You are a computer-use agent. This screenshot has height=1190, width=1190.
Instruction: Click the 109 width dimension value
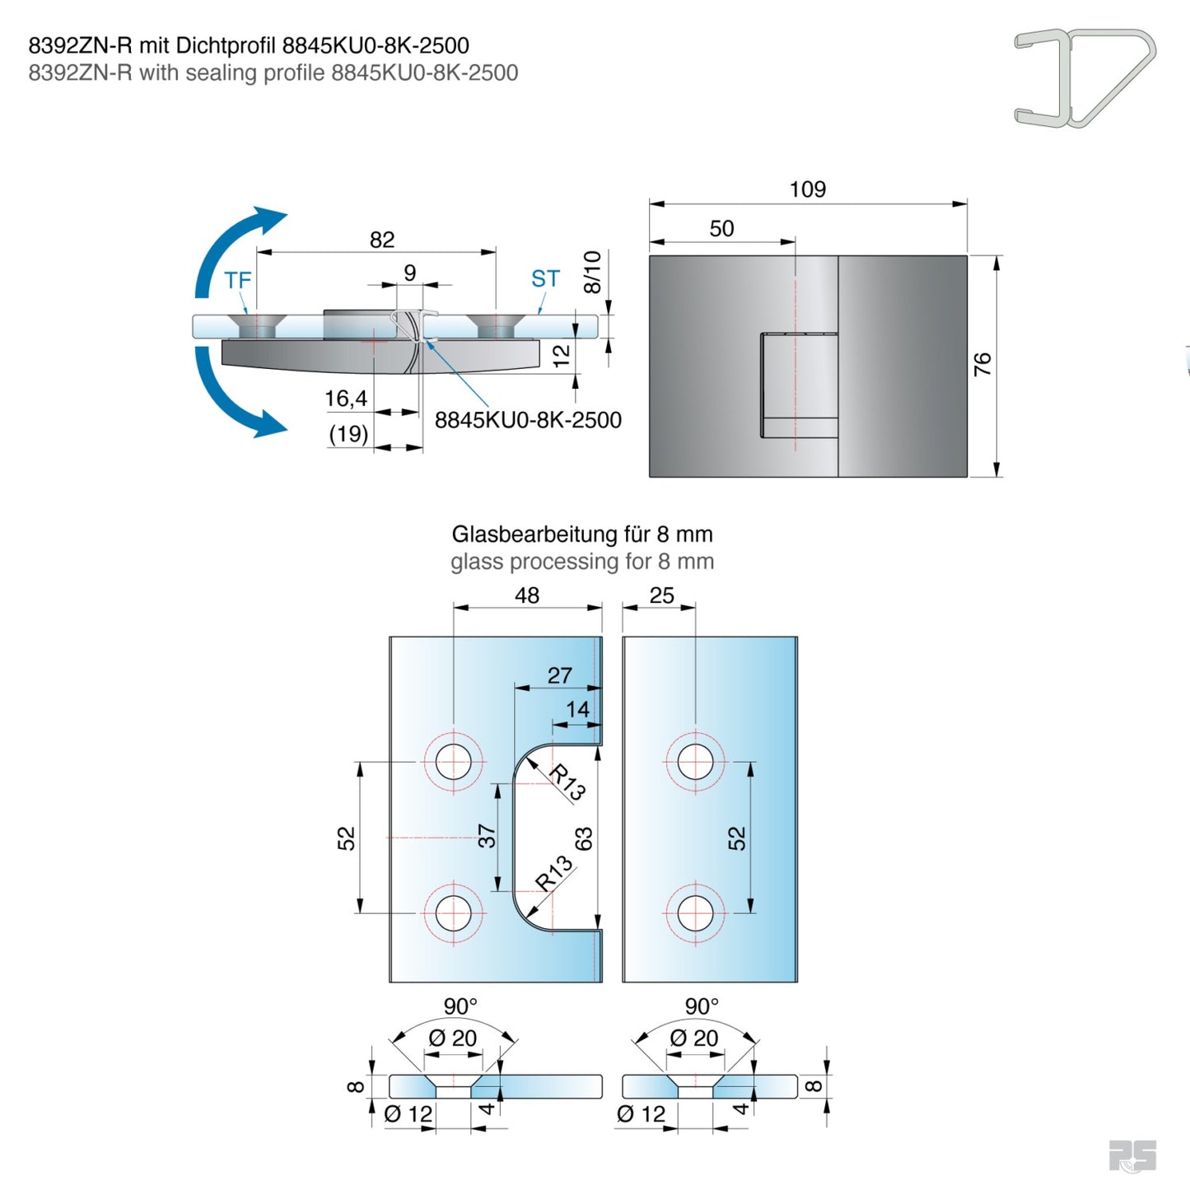[x=807, y=189]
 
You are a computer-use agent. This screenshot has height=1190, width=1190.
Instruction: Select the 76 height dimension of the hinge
[x=982, y=364]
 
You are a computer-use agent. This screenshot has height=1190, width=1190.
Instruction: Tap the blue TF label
[x=237, y=281]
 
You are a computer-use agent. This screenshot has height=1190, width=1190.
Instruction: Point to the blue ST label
[x=545, y=279]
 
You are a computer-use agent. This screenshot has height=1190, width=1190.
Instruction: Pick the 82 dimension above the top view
[x=382, y=240]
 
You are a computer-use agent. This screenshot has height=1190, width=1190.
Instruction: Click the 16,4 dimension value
[x=346, y=399]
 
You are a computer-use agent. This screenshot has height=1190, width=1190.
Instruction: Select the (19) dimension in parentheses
[x=348, y=434]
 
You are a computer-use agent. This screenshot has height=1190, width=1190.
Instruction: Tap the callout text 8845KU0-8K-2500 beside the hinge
[x=528, y=420]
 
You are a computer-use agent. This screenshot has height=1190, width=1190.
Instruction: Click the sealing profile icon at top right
[x=1084, y=77]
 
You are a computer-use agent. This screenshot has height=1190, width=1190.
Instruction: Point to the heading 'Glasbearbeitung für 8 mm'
[x=581, y=534]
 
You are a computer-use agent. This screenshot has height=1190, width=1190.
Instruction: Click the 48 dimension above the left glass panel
[x=527, y=595]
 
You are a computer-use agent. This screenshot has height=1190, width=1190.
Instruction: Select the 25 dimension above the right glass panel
[x=661, y=595]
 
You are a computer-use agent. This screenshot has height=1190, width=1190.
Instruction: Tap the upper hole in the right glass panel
[x=695, y=762]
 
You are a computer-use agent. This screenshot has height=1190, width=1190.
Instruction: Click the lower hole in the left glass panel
[x=453, y=912]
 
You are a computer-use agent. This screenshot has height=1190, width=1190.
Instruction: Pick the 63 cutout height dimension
[x=583, y=839]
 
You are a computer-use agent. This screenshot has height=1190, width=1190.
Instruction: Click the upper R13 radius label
[x=567, y=782]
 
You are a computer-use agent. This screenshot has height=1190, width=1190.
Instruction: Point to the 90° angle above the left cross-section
[x=460, y=1006]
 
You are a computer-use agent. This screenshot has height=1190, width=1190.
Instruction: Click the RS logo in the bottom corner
[x=1132, y=1155]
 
